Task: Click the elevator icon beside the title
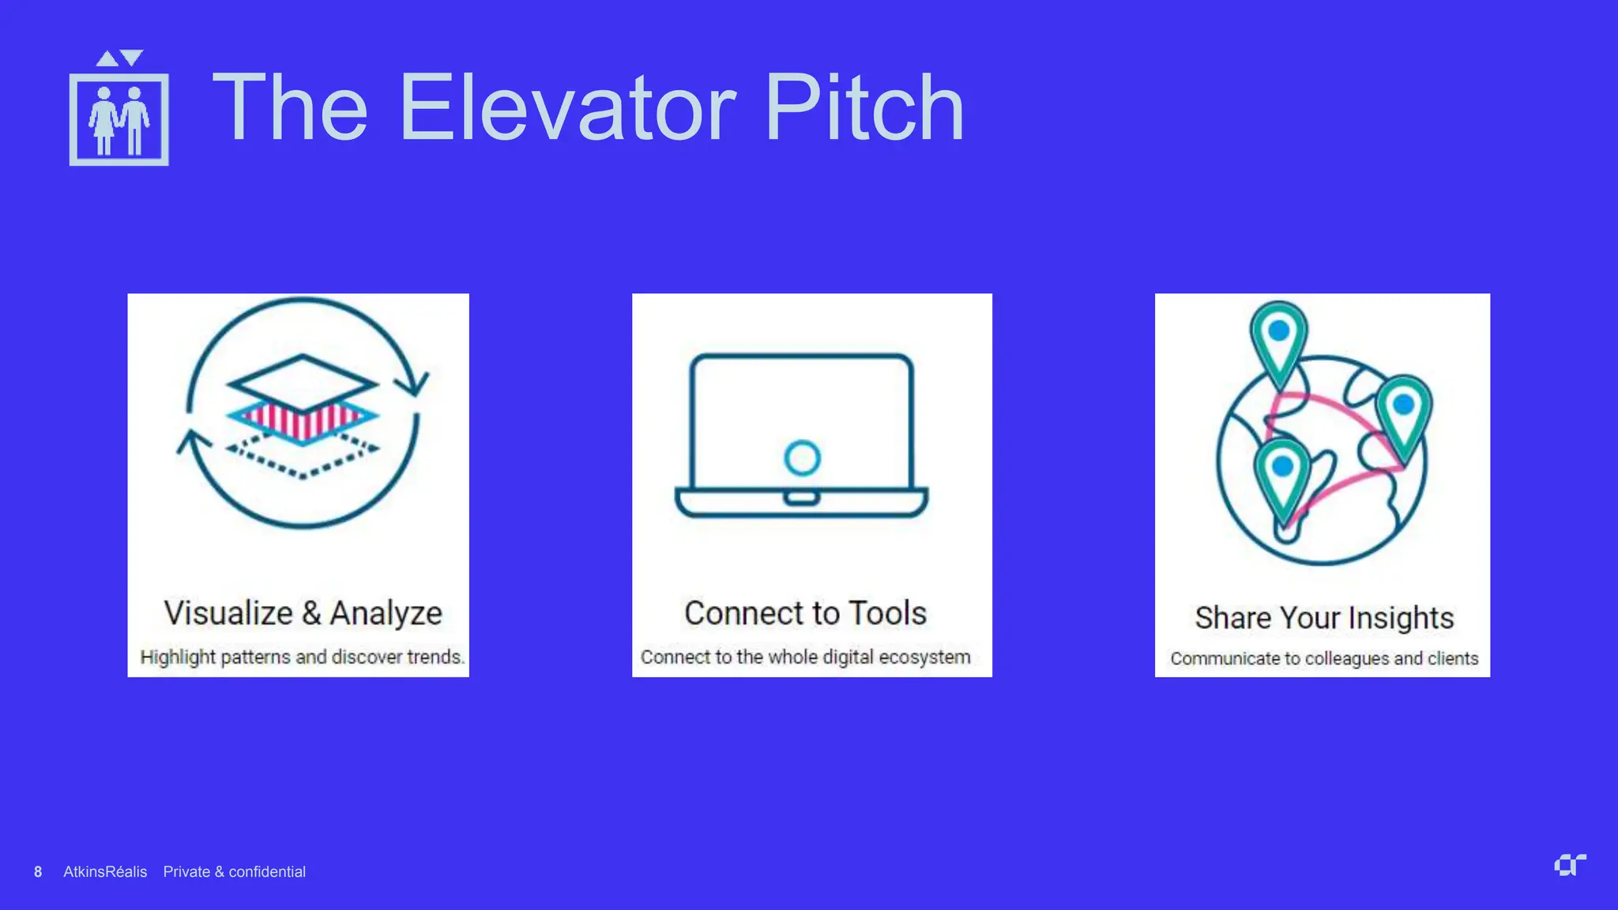coord(119,111)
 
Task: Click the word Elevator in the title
coord(567,107)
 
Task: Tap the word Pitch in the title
coord(864,107)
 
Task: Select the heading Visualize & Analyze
coord(303,613)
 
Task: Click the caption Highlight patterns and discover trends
coord(302,656)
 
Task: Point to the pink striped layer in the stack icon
coord(303,419)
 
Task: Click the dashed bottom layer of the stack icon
coord(303,458)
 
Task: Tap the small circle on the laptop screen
coord(802,457)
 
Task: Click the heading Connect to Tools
coord(805,613)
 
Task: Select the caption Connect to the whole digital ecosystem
coord(805,656)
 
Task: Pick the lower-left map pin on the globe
coord(1282,474)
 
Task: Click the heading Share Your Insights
coord(1324,617)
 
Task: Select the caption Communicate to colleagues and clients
coord(1324,658)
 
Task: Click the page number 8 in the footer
coord(38,871)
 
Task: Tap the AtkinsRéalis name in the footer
coord(105,871)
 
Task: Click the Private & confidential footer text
coord(234,871)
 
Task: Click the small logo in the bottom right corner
coord(1569,865)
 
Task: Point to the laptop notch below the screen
coord(801,498)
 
